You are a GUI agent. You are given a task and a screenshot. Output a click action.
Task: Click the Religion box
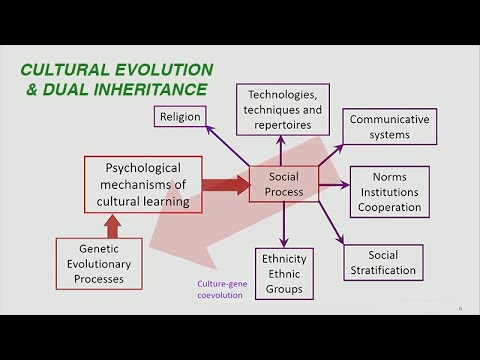click(x=179, y=116)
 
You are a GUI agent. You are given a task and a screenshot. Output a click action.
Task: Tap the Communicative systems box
click(x=389, y=127)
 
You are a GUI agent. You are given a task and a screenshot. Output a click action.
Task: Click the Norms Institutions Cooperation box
click(x=389, y=191)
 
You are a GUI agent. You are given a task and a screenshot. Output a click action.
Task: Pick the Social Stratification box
click(x=382, y=262)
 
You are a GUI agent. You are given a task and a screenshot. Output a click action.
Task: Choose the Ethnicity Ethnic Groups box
click(x=283, y=273)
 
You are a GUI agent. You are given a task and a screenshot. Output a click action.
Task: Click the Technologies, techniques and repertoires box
click(x=282, y=109)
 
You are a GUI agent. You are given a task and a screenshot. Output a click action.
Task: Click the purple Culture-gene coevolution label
click(x=219, y=290)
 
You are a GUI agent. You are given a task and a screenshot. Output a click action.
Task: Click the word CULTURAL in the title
click(x=68, y=70)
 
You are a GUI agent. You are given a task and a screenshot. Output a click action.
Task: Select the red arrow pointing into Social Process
click(x=225, y=184)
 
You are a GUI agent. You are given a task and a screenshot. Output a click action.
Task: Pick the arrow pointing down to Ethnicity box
click(x=283, y=224)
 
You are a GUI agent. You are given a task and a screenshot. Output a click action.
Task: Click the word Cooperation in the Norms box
click(x=389, y=207)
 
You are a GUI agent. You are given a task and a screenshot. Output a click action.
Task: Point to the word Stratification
click(x=382, y=270)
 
